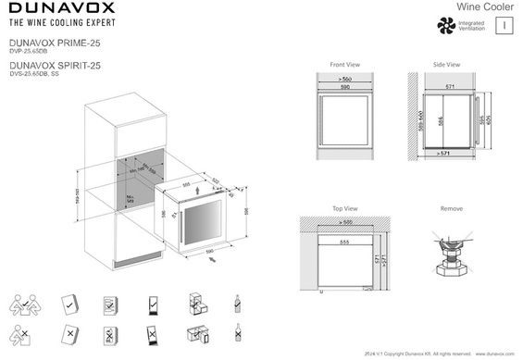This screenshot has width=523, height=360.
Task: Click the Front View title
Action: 344,65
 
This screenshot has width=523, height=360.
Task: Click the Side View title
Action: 446,65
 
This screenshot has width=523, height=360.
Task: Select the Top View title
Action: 344,209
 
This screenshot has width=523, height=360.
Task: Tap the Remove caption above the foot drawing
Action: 452,209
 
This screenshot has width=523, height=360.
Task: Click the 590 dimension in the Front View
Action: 344,89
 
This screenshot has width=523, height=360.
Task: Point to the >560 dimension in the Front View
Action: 344,81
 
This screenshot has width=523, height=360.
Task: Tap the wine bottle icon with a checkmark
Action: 239,302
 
